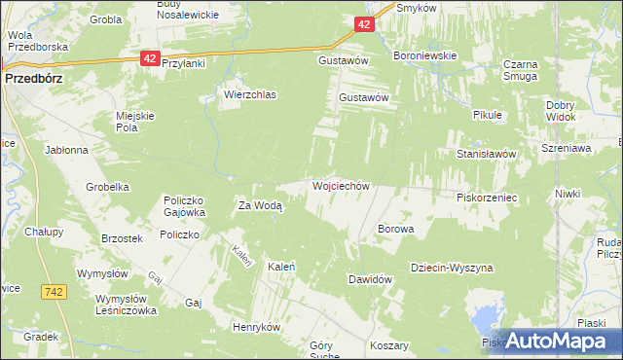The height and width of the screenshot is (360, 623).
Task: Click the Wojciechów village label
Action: (x=341, y=185)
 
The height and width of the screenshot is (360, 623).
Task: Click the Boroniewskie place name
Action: (x=424, y=56)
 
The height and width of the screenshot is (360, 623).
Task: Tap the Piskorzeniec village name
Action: (x=486, y=197)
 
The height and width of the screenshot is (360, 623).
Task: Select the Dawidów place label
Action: (x=370, y=279)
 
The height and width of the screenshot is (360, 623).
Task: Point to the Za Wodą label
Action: (x=260, y=205)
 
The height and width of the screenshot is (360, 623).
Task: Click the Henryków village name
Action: (x=256, y=327)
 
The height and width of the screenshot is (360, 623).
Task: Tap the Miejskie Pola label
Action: (x=135, y=122)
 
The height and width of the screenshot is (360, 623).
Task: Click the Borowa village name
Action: (x=395, y=230)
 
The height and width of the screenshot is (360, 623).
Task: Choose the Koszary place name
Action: (x=389, y=345)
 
